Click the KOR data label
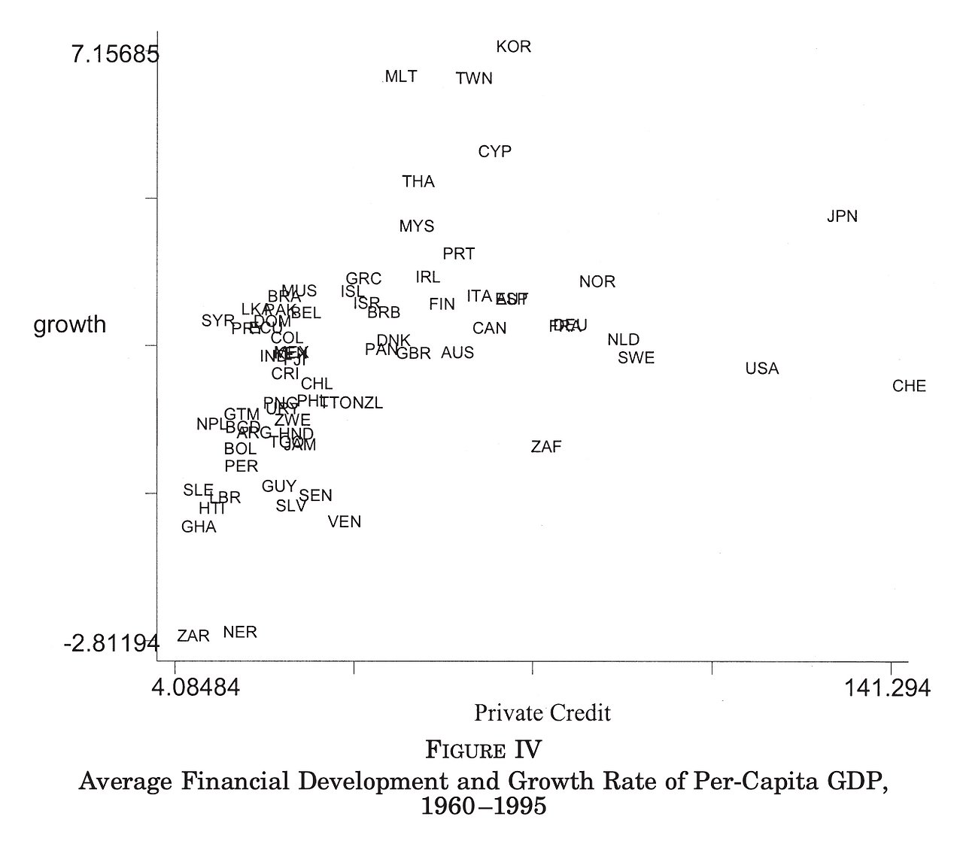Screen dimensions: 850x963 click(514, 47)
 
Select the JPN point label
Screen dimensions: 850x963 click(842, 217)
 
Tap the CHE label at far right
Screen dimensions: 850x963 click(909, 387)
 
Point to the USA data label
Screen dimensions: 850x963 click(761, 369)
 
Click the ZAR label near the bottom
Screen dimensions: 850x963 click(193, 636)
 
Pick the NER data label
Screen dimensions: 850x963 click(240, 632)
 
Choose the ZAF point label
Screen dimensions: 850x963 click(546, 447)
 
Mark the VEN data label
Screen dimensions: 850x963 click(345, 521)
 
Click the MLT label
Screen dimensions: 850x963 click(400, 77)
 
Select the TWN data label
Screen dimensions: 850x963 click(474, 78)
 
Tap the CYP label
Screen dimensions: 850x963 click(494, 152)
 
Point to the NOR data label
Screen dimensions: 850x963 click(597, 282)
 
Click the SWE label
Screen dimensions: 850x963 click(636, 358)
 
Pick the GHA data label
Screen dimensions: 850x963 click(199, 527)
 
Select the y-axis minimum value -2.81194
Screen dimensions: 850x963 click(111, 644)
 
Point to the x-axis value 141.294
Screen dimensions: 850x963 click(886, 688)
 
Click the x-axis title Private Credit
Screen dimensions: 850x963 click(542, 712)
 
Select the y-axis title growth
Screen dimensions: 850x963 click(70, 325)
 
